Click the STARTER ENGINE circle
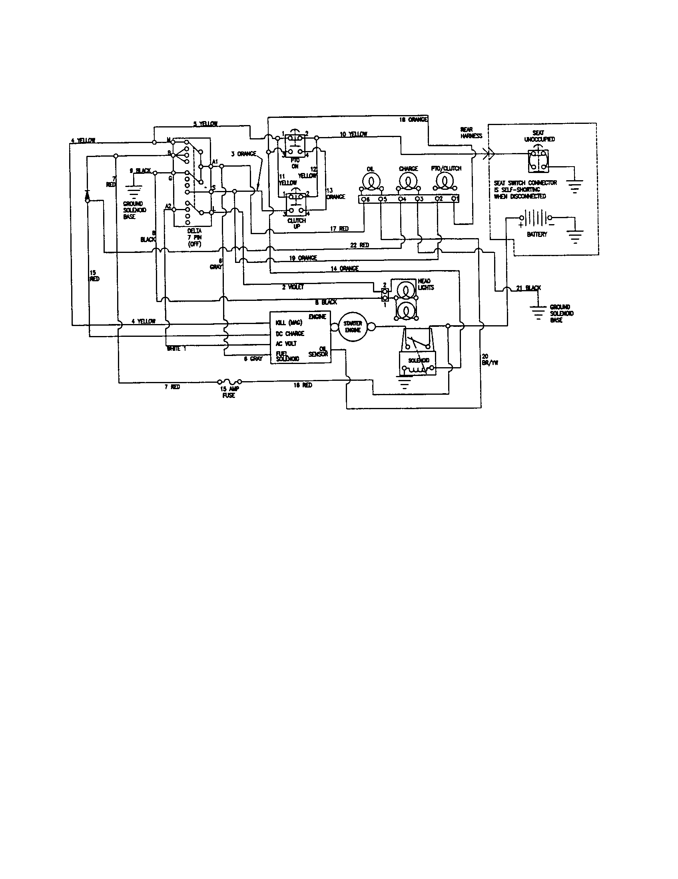coord(353,326)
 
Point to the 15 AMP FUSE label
coord(229,392)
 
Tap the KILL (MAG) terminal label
coord(289,323)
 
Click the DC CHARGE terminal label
coord(290,334)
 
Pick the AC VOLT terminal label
coord(286,344)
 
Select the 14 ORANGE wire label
coord(344,268)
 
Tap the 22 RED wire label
coord(359,245)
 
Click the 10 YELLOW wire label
coord(353,134)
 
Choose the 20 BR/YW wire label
coord(490,359)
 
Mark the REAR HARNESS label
coord(471,133)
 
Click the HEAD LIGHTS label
coord(426,284)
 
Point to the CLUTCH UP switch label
coord(297,223)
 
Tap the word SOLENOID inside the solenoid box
coord(419,360)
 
